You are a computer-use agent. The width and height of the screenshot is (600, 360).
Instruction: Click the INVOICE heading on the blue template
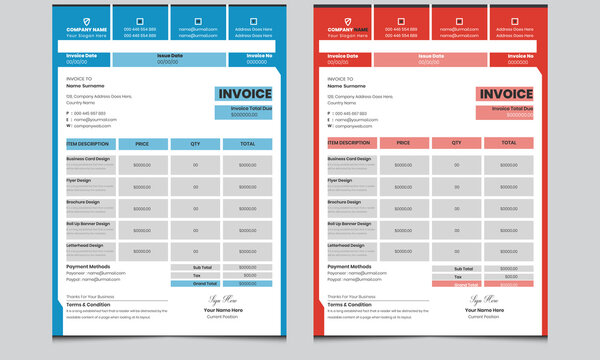pyautogui.click(x=245, y=95)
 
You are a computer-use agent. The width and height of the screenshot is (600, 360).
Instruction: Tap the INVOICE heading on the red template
pyautogui.click(x=505, y=95)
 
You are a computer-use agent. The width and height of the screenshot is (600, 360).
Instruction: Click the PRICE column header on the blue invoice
pyautogui.click(x=142, y=143)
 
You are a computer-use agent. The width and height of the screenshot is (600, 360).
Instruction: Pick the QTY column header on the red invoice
pyautogui.click(x=456, y=143)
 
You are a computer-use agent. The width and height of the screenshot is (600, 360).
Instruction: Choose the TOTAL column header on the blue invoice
pyautogui.click(x=247, y=143)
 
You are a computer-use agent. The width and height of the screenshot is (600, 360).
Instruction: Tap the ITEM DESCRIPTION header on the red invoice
pyautogui.click(x=349, y=143)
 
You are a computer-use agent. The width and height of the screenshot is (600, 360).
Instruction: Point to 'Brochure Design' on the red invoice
pyautogui.click(x=344, y=202)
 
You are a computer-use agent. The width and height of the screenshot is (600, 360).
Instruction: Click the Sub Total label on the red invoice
pyautogui.click(x=464, y=268)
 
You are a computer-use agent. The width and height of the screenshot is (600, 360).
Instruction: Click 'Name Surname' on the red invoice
pyautogui.click(x=350, y=86)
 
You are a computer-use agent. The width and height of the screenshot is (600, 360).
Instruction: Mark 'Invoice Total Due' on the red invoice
pyautogui.click(x=506, y=107)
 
